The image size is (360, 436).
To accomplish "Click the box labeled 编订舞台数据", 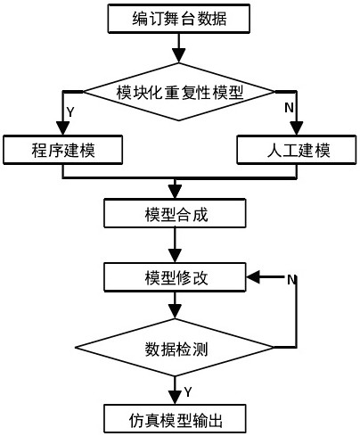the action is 178,19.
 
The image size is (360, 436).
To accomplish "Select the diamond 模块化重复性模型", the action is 178,92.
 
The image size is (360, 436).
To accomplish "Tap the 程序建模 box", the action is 62,150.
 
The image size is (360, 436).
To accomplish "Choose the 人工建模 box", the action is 297,150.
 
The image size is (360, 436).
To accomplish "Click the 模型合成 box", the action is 175,213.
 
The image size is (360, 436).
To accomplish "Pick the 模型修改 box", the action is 175,277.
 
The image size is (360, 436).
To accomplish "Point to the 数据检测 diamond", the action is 175,348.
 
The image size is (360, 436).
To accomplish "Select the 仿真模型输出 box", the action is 175,419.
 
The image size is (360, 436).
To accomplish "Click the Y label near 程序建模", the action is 70,112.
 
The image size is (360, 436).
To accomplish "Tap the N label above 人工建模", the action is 289,107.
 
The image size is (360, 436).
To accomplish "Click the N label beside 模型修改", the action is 291,279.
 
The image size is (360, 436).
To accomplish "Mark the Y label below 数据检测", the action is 188,391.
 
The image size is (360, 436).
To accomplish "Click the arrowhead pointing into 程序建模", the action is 62,128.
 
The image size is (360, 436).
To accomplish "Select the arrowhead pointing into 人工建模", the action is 297,128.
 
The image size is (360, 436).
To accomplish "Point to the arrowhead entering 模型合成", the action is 175,192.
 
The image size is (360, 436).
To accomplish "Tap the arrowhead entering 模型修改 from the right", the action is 253,277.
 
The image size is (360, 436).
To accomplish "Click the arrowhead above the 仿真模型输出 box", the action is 175,398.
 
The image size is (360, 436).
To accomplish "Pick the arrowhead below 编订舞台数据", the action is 178,56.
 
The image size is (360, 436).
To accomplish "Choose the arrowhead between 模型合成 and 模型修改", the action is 175,256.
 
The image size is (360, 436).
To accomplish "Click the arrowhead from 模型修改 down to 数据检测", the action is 175,312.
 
